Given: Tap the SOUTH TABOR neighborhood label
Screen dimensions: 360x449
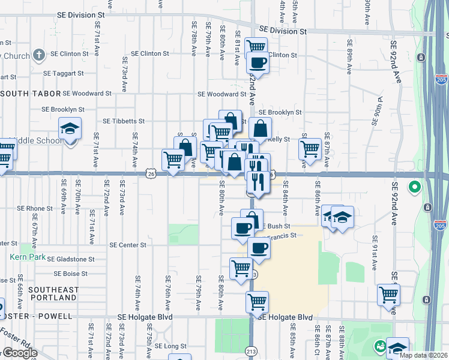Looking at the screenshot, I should coord(30,94).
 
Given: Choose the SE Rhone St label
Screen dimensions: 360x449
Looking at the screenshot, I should coord(35,208).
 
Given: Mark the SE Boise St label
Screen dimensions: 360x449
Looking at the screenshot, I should coord(71,274).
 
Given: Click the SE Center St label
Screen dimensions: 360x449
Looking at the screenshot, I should coord(128,245).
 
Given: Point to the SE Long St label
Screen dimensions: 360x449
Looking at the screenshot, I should coord(171,346).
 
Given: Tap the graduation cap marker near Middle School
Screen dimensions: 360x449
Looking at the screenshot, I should coord(70,128).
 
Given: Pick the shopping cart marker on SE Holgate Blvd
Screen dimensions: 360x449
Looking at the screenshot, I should coord(258,302).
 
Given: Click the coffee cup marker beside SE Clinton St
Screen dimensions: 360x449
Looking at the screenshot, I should coord(258,62).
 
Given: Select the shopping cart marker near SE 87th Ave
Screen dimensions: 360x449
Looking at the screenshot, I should coord(310,148).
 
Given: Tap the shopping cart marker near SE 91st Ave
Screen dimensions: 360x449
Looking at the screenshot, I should coord(388,295).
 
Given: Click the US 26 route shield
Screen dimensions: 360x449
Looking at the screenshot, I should coord(150,174).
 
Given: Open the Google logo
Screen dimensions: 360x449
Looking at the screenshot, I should coord(20,353).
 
